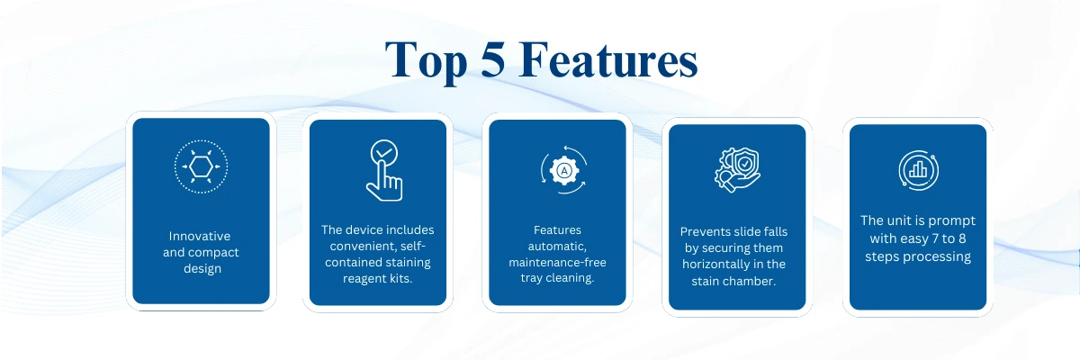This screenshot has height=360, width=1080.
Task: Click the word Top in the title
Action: (427, 61)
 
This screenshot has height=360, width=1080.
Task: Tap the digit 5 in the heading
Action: (493, 58)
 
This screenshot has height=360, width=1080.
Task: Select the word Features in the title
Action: (608, 59)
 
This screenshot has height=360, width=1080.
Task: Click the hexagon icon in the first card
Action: (201, 166)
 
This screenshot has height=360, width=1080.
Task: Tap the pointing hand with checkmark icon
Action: (384, 170)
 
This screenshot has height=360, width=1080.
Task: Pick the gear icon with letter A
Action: (564, 170)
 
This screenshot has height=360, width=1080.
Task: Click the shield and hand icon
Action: (737, 170)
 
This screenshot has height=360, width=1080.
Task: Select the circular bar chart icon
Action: (919, 170)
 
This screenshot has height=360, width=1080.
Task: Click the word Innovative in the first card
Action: (200, 236)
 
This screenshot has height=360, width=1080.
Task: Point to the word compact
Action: (213, 253)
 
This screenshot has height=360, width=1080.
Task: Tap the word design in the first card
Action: (202, 269)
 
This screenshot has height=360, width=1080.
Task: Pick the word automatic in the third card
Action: (557, 247)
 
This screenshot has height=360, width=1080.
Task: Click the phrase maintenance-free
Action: (557, 262)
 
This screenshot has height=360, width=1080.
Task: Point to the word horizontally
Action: (715, 264)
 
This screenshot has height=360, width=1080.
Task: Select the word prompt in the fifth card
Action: (952, 221)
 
